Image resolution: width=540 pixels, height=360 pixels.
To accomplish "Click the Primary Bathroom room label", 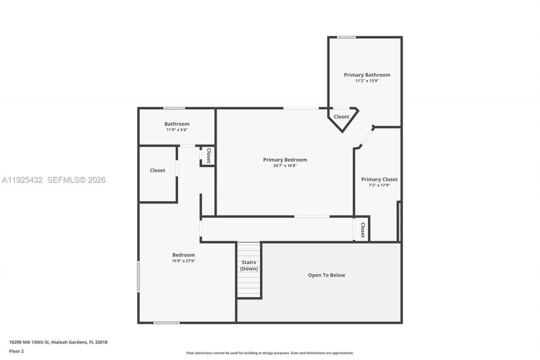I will click(x=367, y=75).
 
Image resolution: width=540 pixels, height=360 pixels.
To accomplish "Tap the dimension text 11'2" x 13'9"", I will click(x=367, y=81).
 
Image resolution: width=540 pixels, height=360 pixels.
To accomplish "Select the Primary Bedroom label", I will click(x=285, y=160).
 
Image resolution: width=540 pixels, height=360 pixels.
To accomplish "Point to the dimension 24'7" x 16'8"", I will click(x=285, y=165).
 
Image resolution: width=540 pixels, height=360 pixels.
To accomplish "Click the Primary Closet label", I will click(x=379, y=179).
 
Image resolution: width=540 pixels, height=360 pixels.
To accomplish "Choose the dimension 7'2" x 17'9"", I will click(x=379, y=185).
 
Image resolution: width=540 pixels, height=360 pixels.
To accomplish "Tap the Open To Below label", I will click(x=326, y=275).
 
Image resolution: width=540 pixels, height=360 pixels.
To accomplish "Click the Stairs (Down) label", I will click(x=249, y=265).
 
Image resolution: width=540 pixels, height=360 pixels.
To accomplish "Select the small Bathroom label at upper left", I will click(x=177, y=124).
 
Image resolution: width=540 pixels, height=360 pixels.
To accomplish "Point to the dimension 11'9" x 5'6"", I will click(x=177, y=130).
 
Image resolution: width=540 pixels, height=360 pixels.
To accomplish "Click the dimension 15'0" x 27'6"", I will click(x=184, y=261).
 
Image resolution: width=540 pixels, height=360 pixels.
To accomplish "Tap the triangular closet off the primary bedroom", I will click(x=342, y=117).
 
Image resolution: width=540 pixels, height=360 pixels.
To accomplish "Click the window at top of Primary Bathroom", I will click(x=346, y=37).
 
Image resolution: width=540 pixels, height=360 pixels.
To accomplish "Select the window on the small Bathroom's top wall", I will click(x=174, y=108).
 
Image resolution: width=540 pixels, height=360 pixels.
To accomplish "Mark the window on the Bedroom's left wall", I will click(x=138, y=276).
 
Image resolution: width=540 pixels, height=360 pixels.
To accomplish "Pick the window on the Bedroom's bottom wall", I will click(x=166, y=323).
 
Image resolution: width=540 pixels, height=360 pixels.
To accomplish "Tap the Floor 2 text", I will click(x=16, y=351).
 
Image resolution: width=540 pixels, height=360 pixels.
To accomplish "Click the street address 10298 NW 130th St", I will click(x=30, y=342).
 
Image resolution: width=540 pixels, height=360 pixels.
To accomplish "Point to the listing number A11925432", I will click(x=22, y=180).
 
